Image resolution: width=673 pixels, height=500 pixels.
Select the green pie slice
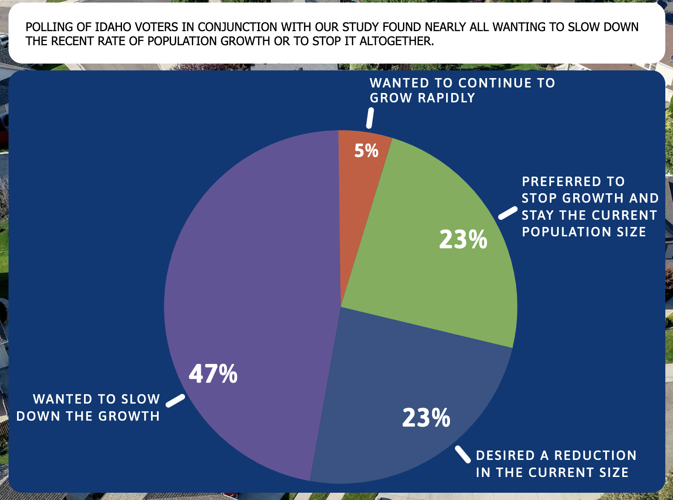pyautogui.click(x=431, y=265)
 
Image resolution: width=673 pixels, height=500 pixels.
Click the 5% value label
pyautogui.click(x=366, y=151)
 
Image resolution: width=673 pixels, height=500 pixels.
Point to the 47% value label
pyautogui.click(x=213, y=374)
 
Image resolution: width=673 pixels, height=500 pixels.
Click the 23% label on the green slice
pyautogui.click(x=463, y=239)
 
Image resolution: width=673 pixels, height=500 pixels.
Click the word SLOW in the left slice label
pyautogui.click(x=140, y=399)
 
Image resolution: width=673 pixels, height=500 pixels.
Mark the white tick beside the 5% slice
pyautogui.click(x=370, y=118)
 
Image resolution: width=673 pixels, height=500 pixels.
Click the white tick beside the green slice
pyautogui.click(x=508, y=213)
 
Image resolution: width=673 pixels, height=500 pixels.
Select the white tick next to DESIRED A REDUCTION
pyautogui.click(x=462, y=454)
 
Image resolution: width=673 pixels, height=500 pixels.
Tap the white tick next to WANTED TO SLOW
pyautogui.click(x=175, y=401)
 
